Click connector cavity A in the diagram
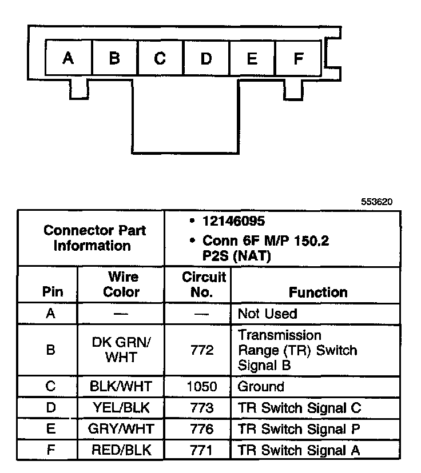coord(69,58)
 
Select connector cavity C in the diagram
coord(160,58)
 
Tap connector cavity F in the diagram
coord(298,58)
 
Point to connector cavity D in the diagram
coord(206,58)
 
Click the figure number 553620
coord(376,202)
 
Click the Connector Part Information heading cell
coord(92,238)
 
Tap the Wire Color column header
coord(121,284)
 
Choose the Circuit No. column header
coord(204,284)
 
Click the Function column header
coord(318,292)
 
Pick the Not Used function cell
coord(267,314)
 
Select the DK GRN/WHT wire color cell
coord(121,350)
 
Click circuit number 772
coord(202,350)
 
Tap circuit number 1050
coord(202,387)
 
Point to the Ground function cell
coord(260,387)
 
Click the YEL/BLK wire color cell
coord(121,408)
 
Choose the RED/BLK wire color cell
coord(121,450)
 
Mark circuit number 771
coord(202,450)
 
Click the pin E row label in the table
coord(50,429)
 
